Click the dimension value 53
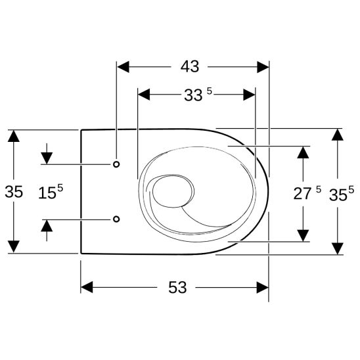(x=177, y=287)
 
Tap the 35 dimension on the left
(x=14, y=192)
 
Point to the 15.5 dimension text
(x=50, y=192)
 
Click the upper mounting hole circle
(x=116, y=164)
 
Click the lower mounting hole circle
(x=116, y=219)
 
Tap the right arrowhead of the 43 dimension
(x=263, y=67)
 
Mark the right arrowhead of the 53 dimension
(x=263, y=288)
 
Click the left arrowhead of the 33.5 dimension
(x=144, y=95)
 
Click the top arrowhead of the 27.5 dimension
(x=303, y=152)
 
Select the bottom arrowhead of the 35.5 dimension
(x=337, y=248)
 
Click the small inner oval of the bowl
(x=172, y=192)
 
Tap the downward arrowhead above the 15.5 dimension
(x=46, y=158)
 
